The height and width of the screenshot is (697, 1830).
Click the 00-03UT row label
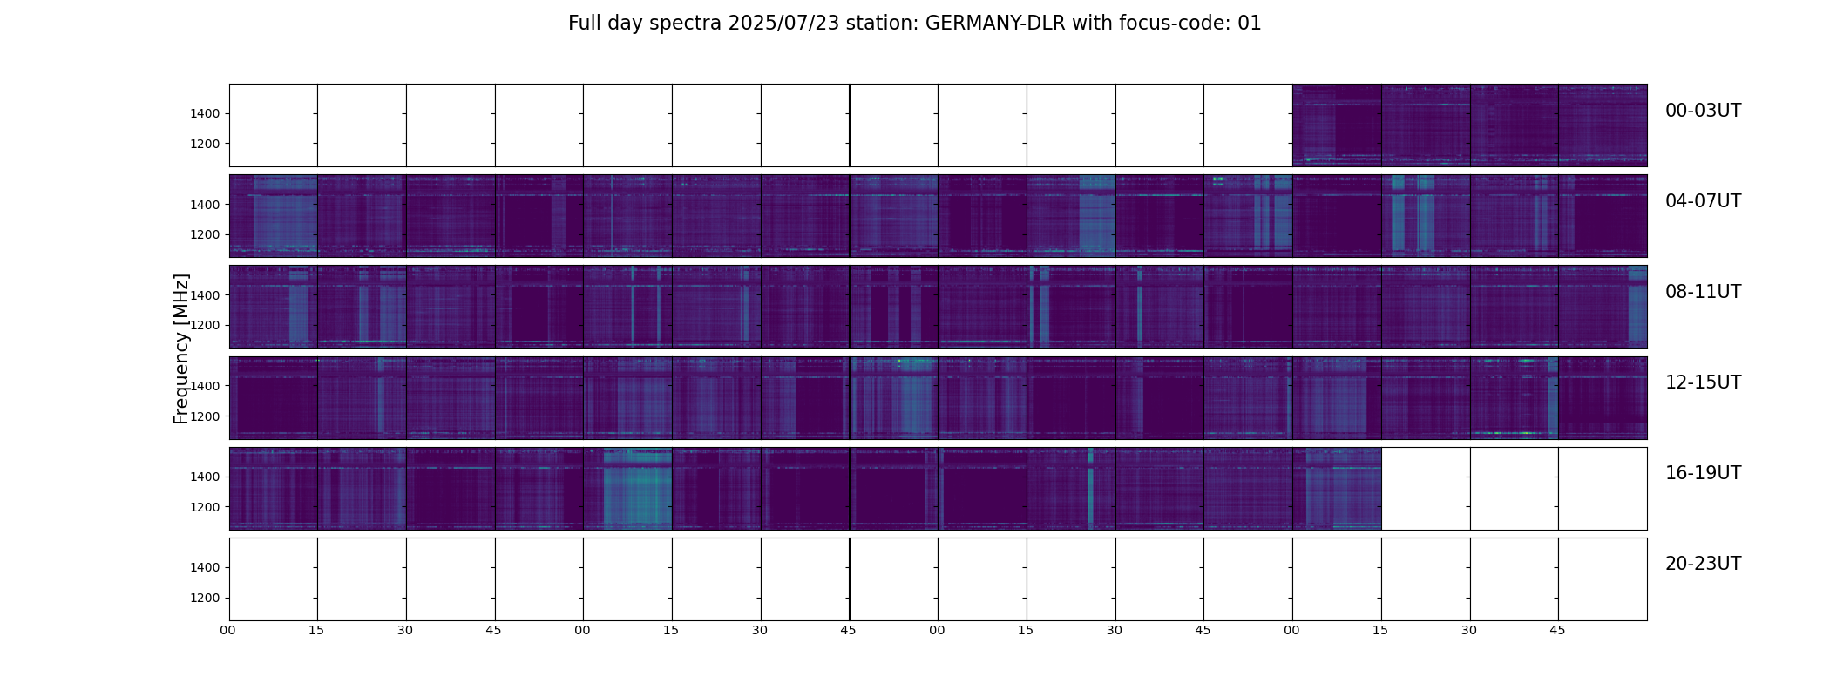pos(1703,111)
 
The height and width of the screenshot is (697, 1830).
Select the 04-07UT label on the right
pos(1703,201)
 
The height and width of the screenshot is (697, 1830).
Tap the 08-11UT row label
pos(1703,292)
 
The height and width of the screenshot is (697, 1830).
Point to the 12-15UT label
pos(1703,382)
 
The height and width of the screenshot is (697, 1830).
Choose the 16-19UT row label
pos(1703,473)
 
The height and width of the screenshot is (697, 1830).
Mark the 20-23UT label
pos(1703,564)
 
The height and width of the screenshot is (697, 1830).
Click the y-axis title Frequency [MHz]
pos(181,348)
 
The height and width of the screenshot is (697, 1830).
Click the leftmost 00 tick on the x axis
pos(228,630)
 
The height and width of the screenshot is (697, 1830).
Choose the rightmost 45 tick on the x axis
pos(1557,630)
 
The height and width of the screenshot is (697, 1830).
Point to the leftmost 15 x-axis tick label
pos(316,630)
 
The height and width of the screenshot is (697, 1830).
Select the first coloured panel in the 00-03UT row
pos(1337,125)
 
